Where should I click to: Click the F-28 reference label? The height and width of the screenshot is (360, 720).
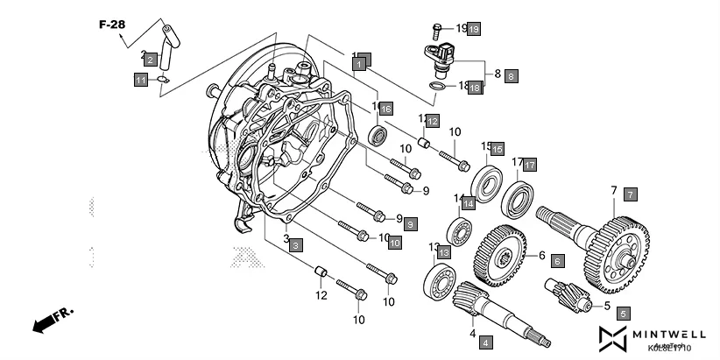pos(111,25)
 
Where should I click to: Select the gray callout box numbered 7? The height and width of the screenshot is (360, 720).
pos(631,194)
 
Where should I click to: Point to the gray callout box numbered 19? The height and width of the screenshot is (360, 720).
pos(473,29)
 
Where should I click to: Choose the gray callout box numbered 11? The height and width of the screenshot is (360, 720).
pos(141,81)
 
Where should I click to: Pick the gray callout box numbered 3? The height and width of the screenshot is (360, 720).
pos(297,245)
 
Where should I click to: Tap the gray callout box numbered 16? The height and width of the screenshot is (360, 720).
pos(385,108)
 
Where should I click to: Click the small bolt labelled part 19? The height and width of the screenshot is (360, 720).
pos(437,30)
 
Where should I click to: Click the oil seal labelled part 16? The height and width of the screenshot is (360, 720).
pos(380,136)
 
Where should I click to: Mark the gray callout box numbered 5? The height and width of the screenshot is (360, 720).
pos(623,313)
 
